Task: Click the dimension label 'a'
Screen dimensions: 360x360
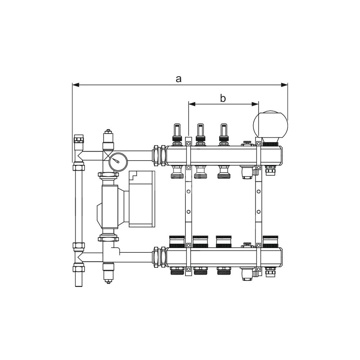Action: pyautogui.click(x=179, y=79)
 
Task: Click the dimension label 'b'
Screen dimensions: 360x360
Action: pyautogui.click(x=223, y=98)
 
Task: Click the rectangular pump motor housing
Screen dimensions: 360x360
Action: pyautogui.click(x=142, y=199)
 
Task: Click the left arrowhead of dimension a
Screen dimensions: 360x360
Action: pyautogui.click(x=76, y=85)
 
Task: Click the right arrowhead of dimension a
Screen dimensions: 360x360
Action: pyautogui.click(x=284, y=85)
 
